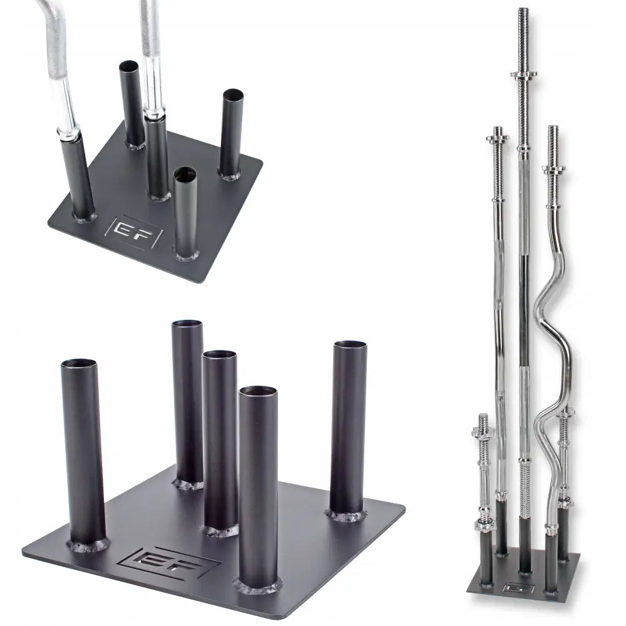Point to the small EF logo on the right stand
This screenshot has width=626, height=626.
pos(519,588)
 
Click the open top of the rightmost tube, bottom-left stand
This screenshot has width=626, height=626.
pos(350,344)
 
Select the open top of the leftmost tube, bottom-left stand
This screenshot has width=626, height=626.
pos(79,364)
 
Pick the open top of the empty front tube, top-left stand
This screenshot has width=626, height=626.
pos(185,173)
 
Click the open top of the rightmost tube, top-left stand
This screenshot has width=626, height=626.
pos(233,95)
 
